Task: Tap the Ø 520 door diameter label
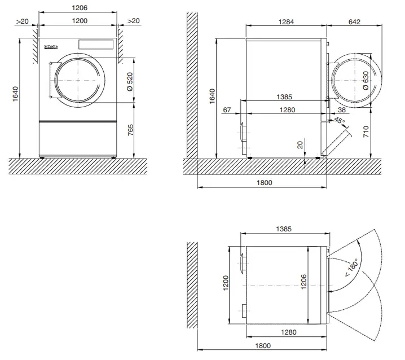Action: [x=129, y=82]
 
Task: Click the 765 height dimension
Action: [x=129, y=130]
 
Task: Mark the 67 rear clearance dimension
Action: [x=227, y=110]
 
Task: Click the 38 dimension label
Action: [x=341, y=110]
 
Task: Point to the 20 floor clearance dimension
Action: [x=300, y=144]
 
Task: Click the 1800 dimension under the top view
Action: [x=263, y=345]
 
